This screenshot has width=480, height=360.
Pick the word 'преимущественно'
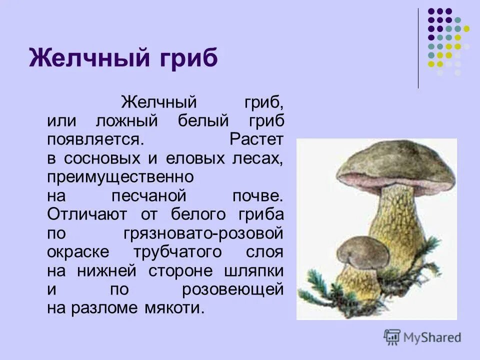pos(120,177)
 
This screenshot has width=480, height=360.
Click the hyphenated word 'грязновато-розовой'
pos(202,233)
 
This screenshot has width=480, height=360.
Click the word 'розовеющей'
pos(233,289)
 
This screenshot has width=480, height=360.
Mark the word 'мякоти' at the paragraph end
pos(178,307)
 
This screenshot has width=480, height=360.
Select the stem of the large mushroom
pos(400,220)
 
